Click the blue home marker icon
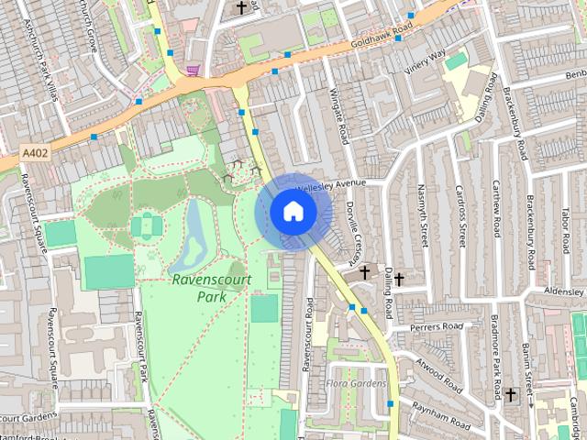click(292, 212)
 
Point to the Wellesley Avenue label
click(330, 183)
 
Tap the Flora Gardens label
click(357, 382)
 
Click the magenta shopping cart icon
click(193, 70)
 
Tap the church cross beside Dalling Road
click(365, 272)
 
